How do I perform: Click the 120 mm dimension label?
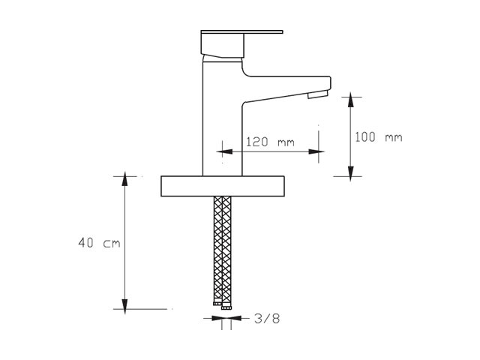point(270,142)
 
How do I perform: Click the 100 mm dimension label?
point(378,136)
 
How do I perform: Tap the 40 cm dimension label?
point(99,243)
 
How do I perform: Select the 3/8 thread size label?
point(267,319)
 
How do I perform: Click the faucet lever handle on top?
point(226,43)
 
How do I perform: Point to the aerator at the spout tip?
point(318,94)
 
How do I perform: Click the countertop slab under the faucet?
point(223,186)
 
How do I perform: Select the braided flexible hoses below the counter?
point(223,250)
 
